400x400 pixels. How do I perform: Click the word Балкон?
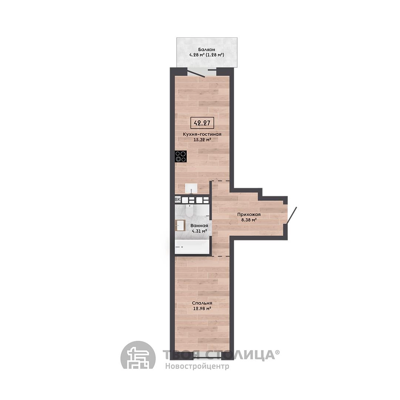pyautogui.click(x=206, y=50)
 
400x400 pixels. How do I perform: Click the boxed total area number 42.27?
pyautogui.click(x=202, y=123)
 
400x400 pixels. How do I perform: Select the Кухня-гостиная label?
pyautogui.click(x=202, y=134)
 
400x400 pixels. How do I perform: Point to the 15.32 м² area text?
pyautogui.click(x=202, y=140)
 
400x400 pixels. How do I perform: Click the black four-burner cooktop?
pyautogui.click(x=181, y=156)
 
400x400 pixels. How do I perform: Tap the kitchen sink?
pyautogui.click(x=191, y=188)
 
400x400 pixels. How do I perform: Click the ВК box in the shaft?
pyautogui.click(x=177, y=199)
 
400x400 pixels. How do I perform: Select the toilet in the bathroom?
pyautogui.click(x=190, y=210)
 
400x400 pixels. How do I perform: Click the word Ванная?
pyautogui.click(x=199, y=226)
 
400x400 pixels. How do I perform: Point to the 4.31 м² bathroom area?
pyautogui.click(x=199, y=231)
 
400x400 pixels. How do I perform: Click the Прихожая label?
pyautogui.click(x=249, y=214)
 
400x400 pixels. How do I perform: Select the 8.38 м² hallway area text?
pyautogui.click(x=249, y=220)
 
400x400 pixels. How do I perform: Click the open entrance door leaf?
pyautogui.click(x=291, y=216)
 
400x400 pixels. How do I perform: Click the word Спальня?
pyautogui.click(x=202, y=303)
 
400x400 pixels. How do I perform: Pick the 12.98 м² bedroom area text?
pyautogui.click(x=202, y=309)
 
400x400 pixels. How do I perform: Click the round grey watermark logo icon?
pyautogui.click(x=138, y=355)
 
